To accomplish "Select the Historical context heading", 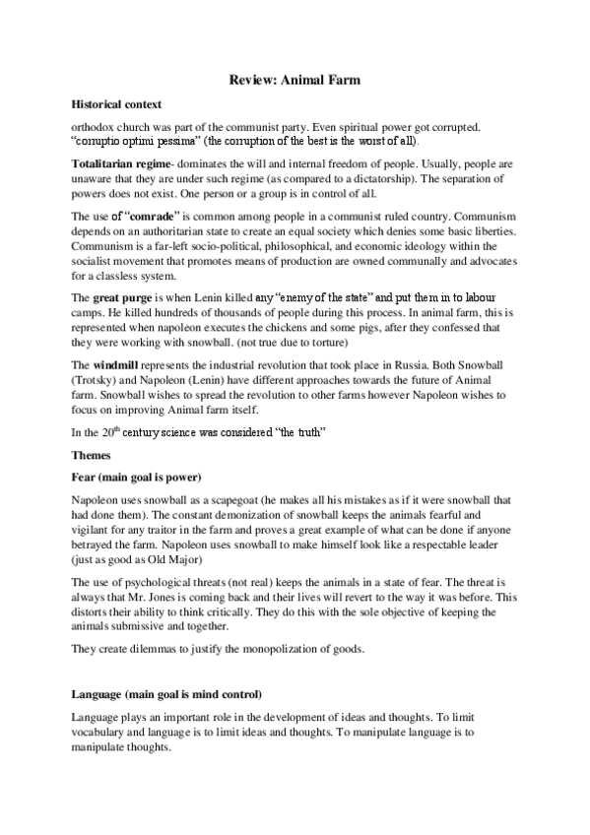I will click(x=116, y=103).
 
